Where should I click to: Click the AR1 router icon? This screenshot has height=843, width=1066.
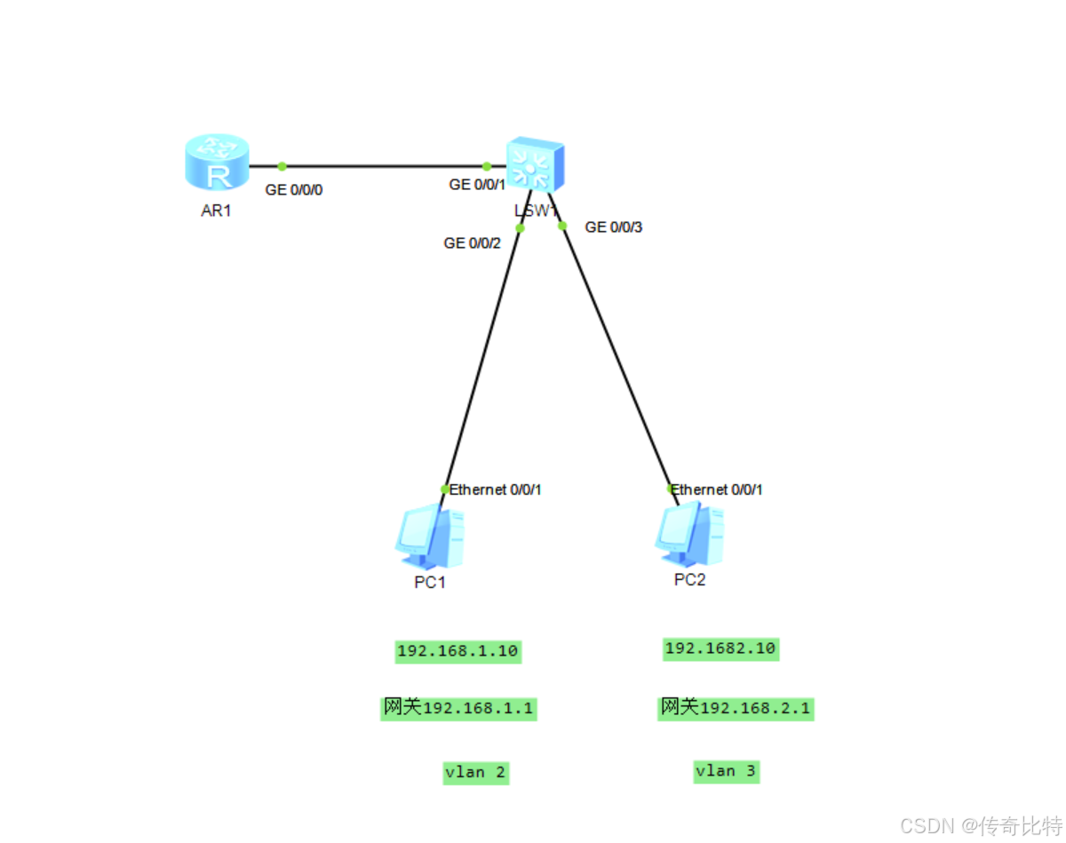[217, 163]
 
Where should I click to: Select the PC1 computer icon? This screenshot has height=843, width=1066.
[430, 537]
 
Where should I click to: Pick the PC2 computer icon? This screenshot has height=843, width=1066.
[689, 535]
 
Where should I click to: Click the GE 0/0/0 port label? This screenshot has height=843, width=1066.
[294, 189]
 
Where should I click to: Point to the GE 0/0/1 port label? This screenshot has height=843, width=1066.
[477, 185]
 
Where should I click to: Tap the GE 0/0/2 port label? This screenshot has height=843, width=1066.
[473, 243]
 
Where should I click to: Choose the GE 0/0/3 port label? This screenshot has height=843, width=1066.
[613, 227]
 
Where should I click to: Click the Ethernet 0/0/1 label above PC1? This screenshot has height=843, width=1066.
[495, 489]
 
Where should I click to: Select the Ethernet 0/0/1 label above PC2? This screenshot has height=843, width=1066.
[716, 489]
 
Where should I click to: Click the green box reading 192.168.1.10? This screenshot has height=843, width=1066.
[457, 651]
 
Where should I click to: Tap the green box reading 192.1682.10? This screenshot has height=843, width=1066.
[720, 648]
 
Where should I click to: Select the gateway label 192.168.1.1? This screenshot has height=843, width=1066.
[458, 708]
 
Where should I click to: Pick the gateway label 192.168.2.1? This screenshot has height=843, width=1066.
[736, 708]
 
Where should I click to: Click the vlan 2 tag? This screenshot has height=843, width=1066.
[475, 772]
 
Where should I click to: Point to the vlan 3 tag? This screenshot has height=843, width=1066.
[726, 771]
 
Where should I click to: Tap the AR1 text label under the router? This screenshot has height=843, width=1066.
[216, 211]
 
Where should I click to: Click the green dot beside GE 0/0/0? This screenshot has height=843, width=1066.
[282, 166]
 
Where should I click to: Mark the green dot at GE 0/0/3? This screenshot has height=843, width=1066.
[562, 226]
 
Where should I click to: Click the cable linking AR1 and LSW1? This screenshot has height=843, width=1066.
[382, 166]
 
